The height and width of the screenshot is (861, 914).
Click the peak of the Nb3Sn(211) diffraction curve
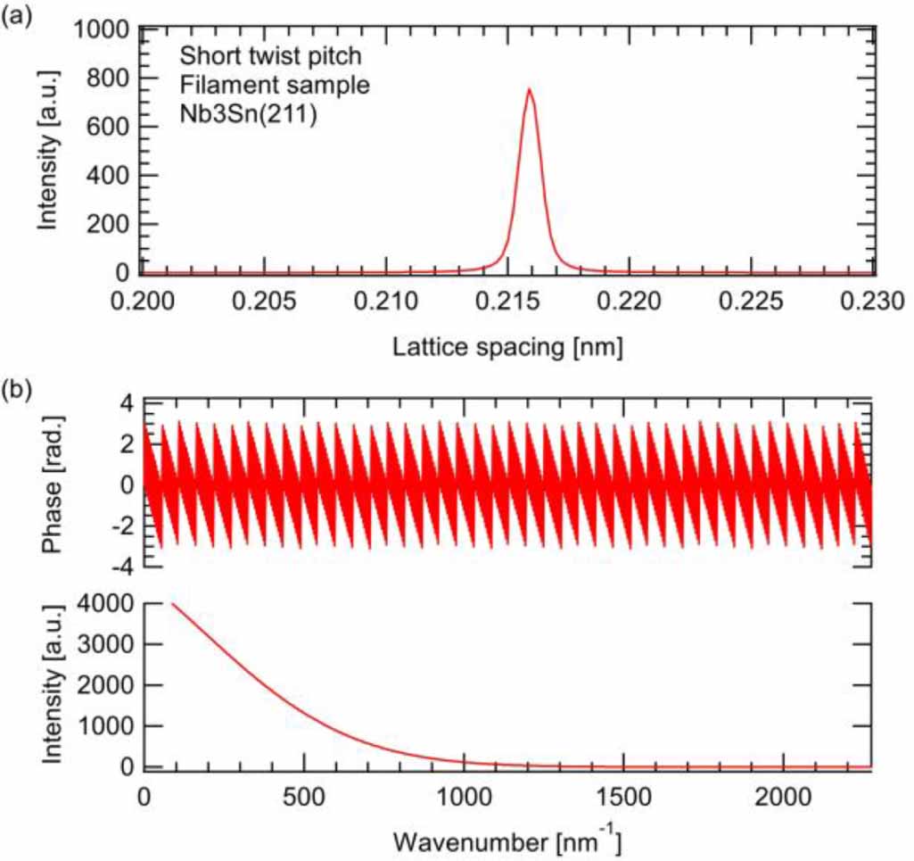tap(529, 89)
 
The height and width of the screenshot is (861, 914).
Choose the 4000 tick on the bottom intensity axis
tap(103, 604)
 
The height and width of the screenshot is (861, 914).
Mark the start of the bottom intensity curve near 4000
tap(171, 604)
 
